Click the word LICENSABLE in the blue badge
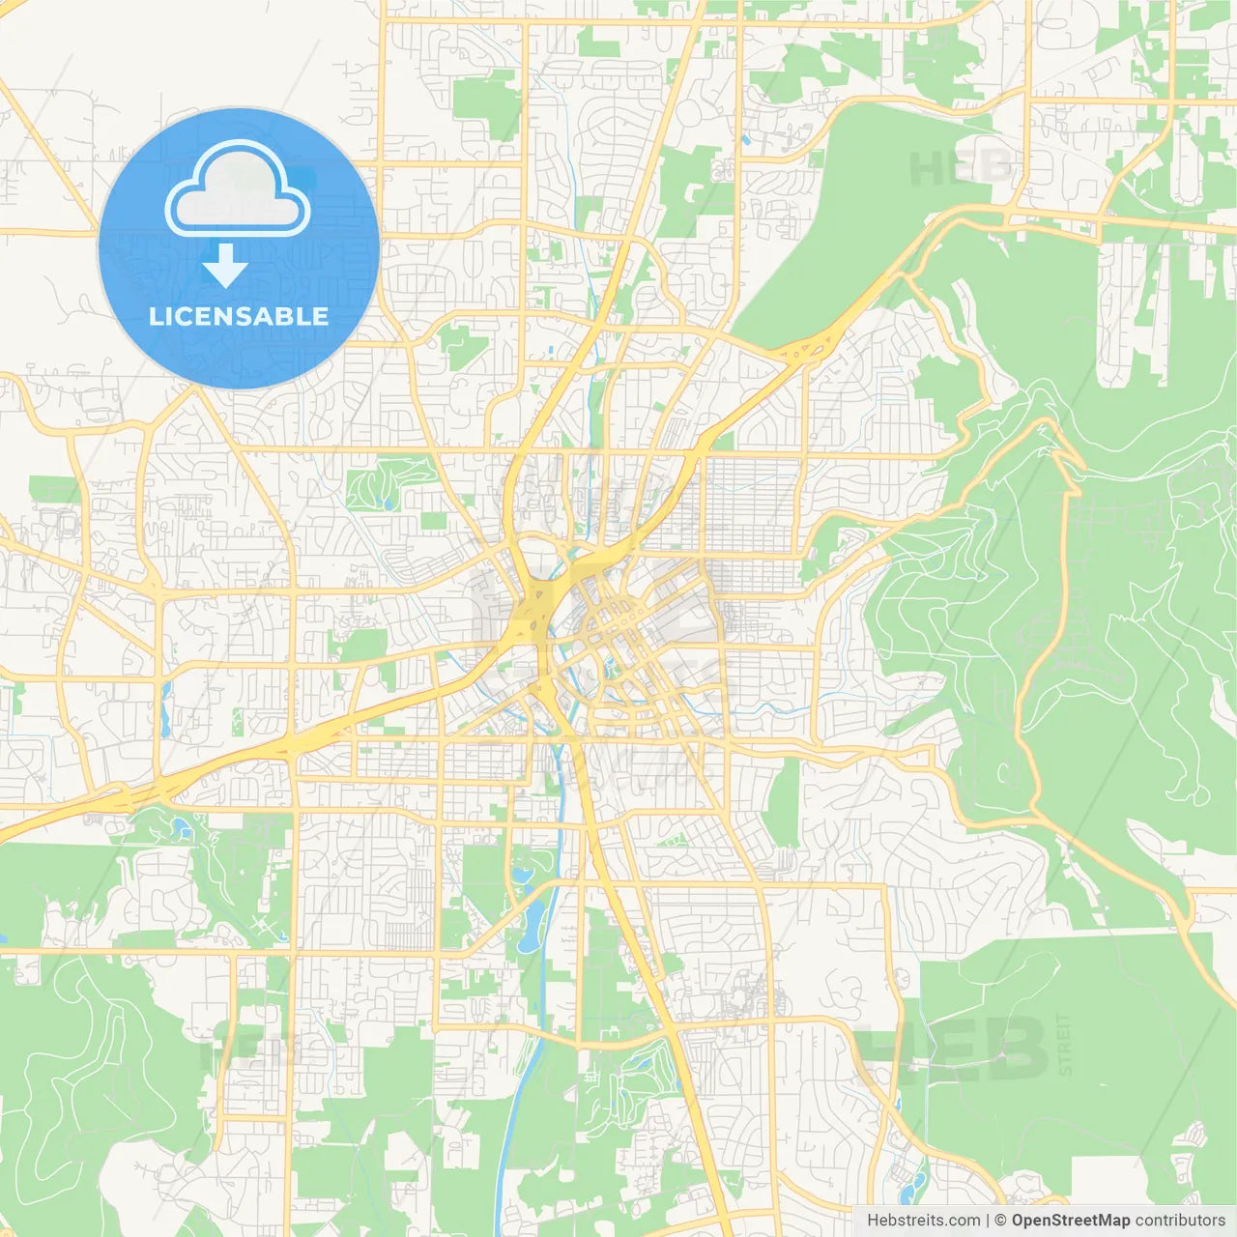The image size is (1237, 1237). coord(239,316)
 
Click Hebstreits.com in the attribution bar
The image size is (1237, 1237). coord(923,1221)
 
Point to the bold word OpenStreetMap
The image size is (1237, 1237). coord(1070,1221)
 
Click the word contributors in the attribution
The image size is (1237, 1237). coord(1180,1221)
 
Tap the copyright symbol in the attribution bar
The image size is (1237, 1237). coord(1000,1221)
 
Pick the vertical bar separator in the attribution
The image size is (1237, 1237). coord(988,1221)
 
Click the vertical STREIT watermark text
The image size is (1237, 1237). coord(1065,1044)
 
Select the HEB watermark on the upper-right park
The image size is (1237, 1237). coord(961,168)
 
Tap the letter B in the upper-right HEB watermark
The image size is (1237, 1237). coord(995,168)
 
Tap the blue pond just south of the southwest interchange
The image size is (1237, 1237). coord(182,828)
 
